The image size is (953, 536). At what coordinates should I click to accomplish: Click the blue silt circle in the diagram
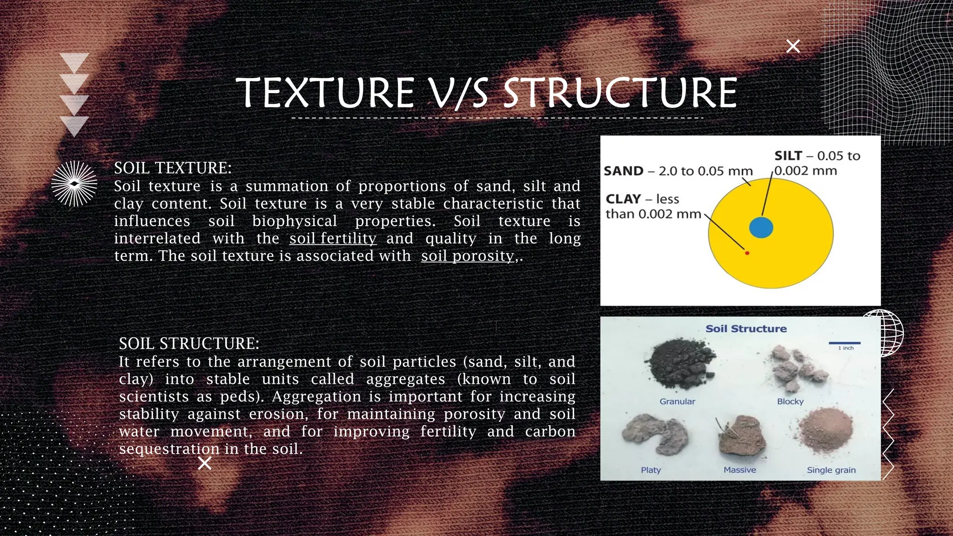click(x=761, y=228)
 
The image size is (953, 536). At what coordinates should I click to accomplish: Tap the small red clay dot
click(x=747, y=253)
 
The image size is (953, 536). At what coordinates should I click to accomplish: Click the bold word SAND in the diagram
click(x=623, y=171)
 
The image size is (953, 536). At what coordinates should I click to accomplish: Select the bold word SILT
click(x=788, y=156)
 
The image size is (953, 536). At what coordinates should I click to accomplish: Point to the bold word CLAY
click(x=624, y=199)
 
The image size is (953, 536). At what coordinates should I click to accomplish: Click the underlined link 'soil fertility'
click(x=333, y=239)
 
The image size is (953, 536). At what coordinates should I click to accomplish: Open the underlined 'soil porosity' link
click(x=468, y=256)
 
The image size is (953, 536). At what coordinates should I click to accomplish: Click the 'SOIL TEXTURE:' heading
click(x=173, y=168)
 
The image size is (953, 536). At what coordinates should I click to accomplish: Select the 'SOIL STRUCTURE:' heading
click(x=189, y=344)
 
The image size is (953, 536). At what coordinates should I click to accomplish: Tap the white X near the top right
click(x=793, y=46)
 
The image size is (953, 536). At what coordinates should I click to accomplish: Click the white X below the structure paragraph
click(x=205, y=463)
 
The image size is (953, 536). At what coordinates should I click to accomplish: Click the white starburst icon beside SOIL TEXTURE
click(x=74, y=184)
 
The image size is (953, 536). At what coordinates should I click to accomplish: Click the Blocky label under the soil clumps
click(x=790, y=402)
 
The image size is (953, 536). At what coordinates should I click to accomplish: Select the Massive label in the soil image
click(x=739, y=470)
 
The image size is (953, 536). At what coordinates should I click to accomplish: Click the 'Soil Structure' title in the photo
click(x=746, y=329)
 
